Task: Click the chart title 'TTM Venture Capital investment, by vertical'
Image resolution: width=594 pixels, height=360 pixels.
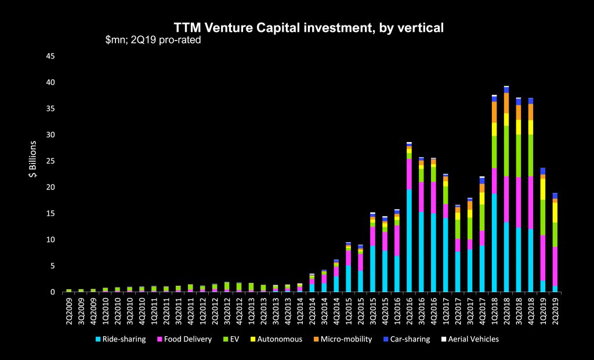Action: (309, 27)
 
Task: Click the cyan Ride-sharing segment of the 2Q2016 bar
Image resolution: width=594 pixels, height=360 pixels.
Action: (409, 241)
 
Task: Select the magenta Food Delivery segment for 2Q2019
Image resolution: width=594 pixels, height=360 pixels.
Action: (555, 266)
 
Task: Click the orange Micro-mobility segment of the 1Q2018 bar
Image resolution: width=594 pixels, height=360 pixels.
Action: (494, 112)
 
